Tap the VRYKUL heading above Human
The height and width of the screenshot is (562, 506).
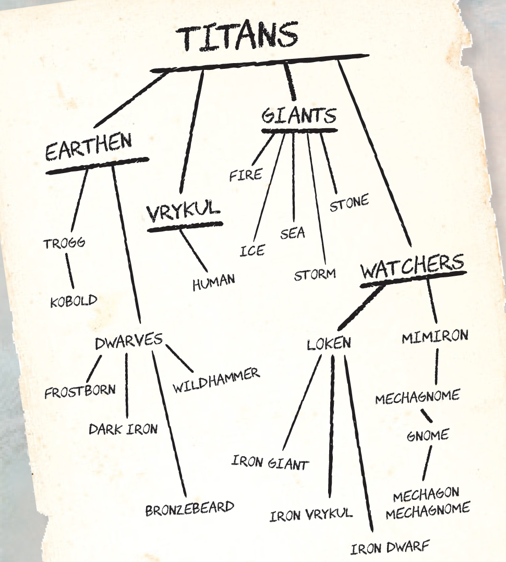(183, 213)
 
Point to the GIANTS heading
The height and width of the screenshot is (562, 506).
(298, 115)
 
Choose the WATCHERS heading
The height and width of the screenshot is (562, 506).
(412, 268)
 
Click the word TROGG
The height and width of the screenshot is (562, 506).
(64, 243)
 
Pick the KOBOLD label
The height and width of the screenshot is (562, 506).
(74, 301)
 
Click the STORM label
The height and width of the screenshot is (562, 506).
(315, 274)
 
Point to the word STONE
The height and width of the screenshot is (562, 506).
(349, 202)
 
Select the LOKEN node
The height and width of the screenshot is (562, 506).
(329, 344)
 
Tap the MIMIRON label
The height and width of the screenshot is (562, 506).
(435, 336)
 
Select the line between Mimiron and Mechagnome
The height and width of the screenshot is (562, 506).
(436, 366)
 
